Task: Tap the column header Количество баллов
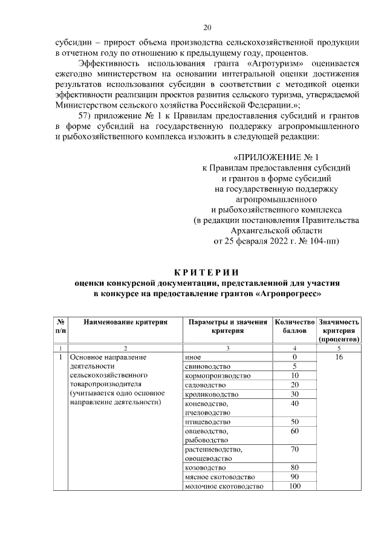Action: (295, 327)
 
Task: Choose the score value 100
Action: (295, 487)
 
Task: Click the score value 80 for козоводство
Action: (295, 468)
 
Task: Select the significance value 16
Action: (339, 357)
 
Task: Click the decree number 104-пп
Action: (324, 241)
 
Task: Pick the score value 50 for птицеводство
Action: (295, 422)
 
